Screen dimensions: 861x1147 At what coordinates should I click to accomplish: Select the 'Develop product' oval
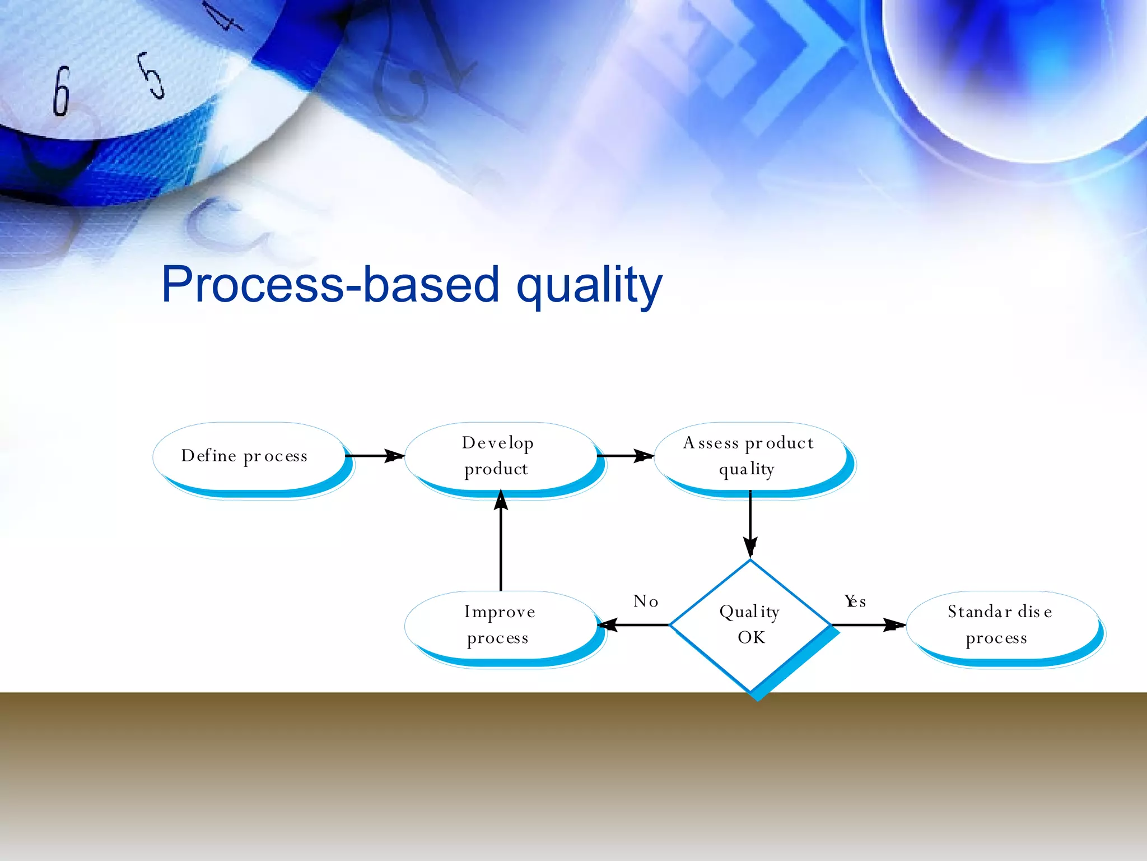click(500, 456)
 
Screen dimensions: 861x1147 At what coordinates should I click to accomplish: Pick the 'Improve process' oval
click(500, 624)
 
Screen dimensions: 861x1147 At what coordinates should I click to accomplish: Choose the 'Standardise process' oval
click(1001, 624)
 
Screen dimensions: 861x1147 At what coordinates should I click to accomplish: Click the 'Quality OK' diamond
click(750, 624)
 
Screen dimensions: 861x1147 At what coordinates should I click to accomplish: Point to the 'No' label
click(646, 601)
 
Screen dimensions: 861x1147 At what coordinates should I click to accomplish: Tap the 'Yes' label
click(855, 601)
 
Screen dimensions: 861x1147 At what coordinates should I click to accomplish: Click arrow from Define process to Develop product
click(374, 456)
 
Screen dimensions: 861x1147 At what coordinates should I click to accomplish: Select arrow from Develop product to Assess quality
click(625, 456)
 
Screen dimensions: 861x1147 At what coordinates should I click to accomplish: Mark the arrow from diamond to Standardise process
click(868, 624)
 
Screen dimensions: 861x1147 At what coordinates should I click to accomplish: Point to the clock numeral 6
click(61, 91)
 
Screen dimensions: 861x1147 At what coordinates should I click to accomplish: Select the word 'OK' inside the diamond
click(751, 637)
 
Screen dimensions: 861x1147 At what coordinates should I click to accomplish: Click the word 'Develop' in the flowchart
click(497, 443)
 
